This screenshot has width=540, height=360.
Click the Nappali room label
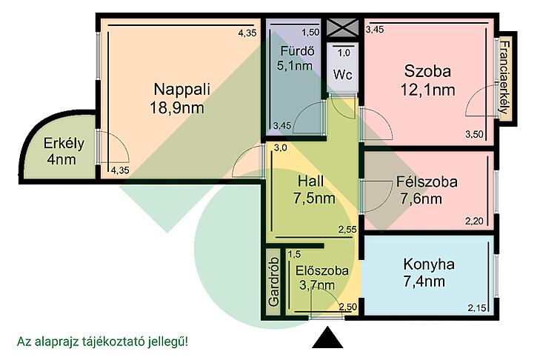coord(181,89)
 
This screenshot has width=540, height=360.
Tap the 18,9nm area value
coord(177,108)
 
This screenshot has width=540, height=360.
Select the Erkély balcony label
coord(64,143)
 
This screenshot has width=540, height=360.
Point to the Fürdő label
coord(297,51)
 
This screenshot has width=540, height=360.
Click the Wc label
coord(343,75)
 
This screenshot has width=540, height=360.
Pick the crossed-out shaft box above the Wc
coord(342,27)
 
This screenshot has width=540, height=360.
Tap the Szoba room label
coord(427,71)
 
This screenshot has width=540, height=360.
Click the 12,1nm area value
coord(427,90)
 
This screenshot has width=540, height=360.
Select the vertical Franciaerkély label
coord(504,78)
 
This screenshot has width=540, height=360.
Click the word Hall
coord(310,181)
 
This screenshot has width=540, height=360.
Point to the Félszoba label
coord(427,181)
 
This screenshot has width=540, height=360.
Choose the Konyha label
coord(429,264)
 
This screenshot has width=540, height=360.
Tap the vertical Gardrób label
coord(274,281)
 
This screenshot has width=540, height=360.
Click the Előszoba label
coord(322,270)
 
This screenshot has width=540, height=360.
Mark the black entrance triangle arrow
coord(327,338)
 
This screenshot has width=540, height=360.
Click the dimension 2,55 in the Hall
coord(347,230)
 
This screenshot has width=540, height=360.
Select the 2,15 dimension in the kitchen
coord(477,307)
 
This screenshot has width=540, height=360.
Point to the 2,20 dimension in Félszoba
coord(474,221)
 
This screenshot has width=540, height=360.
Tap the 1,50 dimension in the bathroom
coord(310,33)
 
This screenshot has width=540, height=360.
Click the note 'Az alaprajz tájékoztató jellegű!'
coord(103,341)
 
